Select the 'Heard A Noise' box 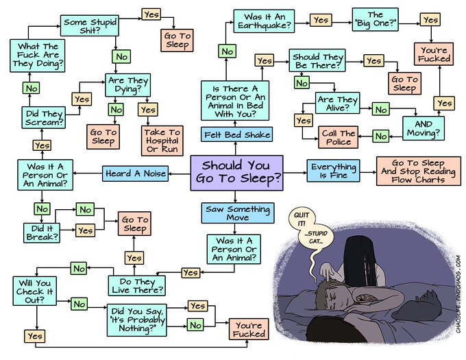point(136,173)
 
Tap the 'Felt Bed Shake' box point(237,133)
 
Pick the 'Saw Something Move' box point(237,213)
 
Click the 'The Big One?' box point(375,20)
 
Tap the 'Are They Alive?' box point(336,104)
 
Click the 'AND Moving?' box point(423,127)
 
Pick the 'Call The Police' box point(337,137)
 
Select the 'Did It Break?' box point(41,232)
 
